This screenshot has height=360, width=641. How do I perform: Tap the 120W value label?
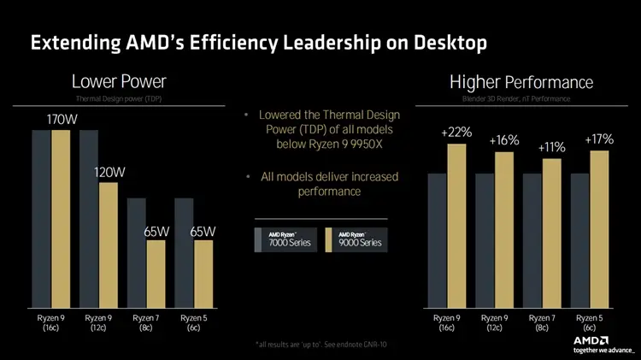click(x=109, y=172)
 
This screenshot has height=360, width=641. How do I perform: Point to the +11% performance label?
click(x=551, y=147)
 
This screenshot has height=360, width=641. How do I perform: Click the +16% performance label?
click(x=504, y=140)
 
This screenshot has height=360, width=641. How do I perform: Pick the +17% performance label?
click(x=599, y=139)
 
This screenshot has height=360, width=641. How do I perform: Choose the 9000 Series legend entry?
click(x=356, y=239)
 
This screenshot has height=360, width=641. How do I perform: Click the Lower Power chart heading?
click(x=118, y=82)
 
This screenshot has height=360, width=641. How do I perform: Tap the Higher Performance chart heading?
click(x=520, y=82)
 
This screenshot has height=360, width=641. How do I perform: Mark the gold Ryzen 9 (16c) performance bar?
click(x=456, y=225)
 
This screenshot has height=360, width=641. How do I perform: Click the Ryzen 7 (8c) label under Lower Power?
click(x=144, y=323)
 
